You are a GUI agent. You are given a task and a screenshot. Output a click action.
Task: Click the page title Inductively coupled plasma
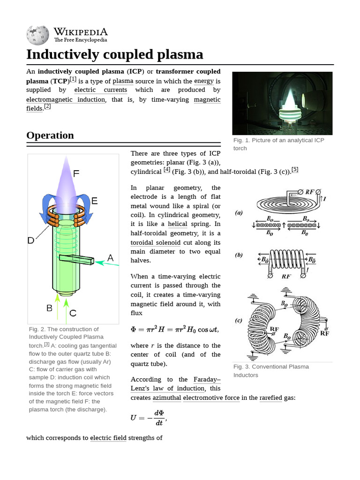click(x=115, y=54)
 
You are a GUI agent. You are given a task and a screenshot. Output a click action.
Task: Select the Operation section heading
click(x=50, y=135)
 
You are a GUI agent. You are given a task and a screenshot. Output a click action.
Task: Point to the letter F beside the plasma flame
click(x=76, y=173)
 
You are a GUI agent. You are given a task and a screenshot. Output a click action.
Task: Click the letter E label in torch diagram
click(x=94, y=201)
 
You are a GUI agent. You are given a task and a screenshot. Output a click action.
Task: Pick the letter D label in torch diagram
click(x=31, y=240)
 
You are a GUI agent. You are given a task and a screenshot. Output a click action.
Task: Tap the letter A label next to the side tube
click(x=111, y=257)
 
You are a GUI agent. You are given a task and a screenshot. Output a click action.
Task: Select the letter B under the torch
click(x=49, y=308)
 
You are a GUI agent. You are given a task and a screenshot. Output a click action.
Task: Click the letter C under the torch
click(x=73, y=312)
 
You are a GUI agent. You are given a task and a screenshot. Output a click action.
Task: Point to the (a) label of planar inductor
click(x=239, y=213)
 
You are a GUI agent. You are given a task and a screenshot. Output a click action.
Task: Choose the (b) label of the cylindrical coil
click(x=239, y=255)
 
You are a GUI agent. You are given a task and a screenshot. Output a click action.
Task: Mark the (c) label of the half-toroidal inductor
click(x=239, y=321)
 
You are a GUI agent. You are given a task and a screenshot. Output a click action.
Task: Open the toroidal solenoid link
click(x=156, y=242)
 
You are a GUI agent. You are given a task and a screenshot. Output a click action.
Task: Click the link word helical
click(x=177, y=224)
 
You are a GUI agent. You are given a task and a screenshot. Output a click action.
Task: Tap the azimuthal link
click(x=166, y=398)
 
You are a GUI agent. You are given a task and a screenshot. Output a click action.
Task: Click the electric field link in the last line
click(x=108, y=438)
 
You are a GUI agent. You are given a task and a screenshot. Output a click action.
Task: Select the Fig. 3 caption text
click(x=271, y=371)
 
